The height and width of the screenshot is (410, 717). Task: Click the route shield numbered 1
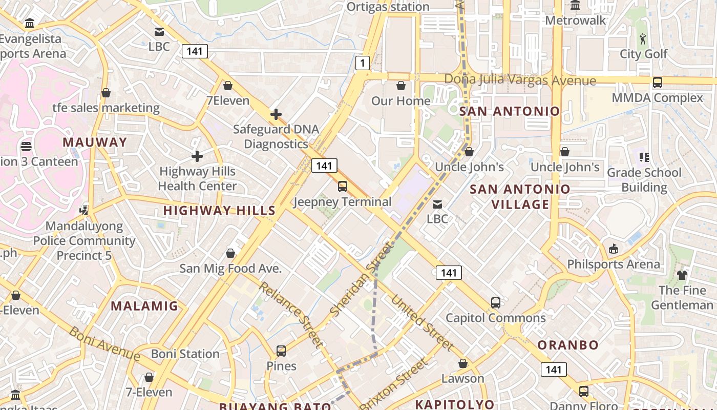[x=363, y=63]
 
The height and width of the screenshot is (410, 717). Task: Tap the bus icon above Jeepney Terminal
[x=343, y=187]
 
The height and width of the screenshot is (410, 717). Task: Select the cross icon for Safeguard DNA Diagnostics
[x=276, y=114]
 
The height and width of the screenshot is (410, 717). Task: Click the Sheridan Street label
[x=362, y=279]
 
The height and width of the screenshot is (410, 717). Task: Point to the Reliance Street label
[x=290, y=314]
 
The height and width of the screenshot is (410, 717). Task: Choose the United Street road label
[x=422, y=323]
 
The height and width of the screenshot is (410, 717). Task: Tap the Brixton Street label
[x=393, y=384]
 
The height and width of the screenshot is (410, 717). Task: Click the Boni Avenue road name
[x=104, y=343]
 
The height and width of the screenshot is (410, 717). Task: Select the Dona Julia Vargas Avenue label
[x=520, y=80]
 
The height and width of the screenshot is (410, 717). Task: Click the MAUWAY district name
[x=95, y=142]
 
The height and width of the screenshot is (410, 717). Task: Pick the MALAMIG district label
[x=144, y=306]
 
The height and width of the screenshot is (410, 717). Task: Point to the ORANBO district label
[x=567, y=345]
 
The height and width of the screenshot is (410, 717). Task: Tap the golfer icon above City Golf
[x=643, y=38]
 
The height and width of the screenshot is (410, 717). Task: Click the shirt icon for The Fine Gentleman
[x=682, y=275]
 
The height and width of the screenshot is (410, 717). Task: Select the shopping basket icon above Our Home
[x=401, y=86]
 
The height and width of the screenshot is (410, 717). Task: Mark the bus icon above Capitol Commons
[x=495, y=302]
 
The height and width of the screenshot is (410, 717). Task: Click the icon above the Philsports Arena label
[x=613, y=249]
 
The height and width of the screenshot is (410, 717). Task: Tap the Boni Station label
[x=185, y=354]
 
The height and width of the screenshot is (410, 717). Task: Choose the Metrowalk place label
[x=575, y=20]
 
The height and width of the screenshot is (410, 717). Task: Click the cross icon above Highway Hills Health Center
[x=197, y=156]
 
